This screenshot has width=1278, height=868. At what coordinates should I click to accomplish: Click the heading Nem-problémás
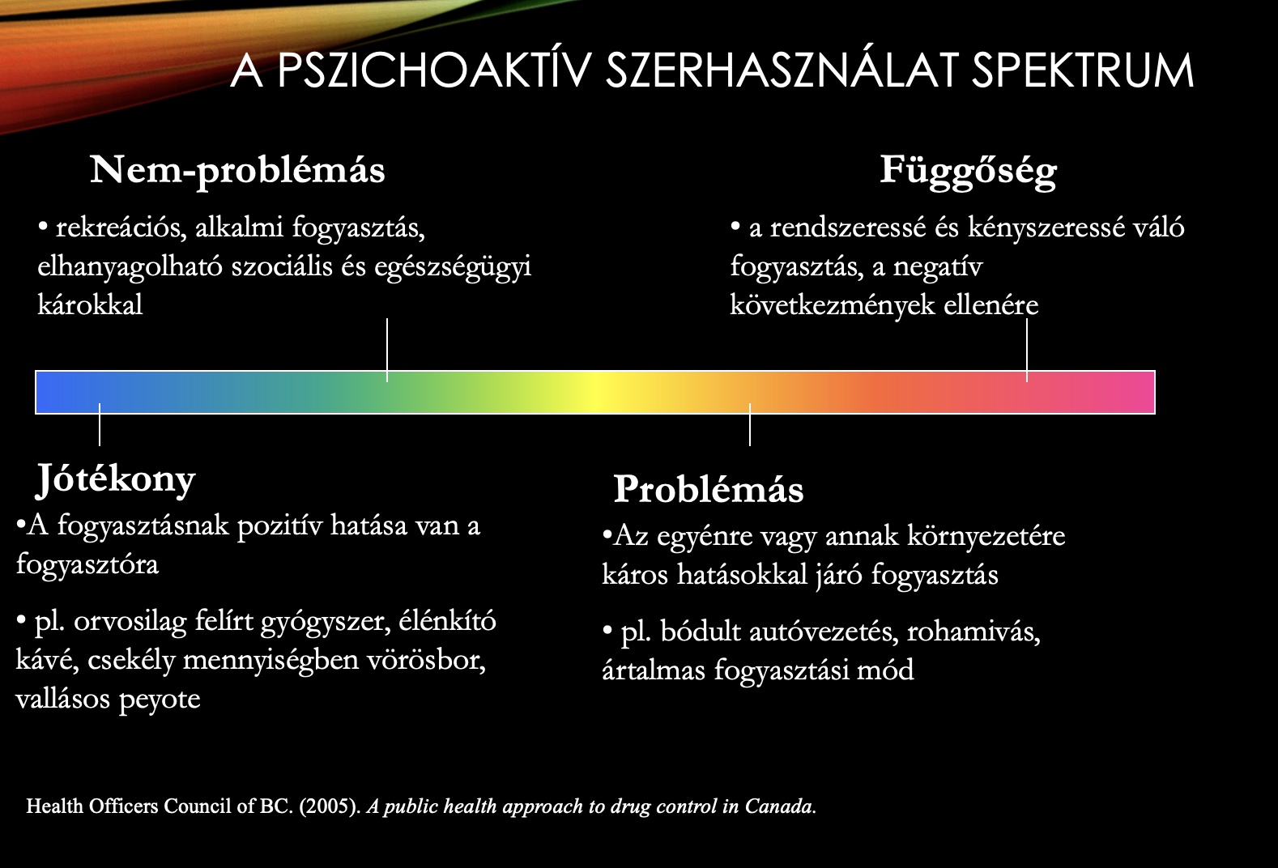tap(237, 171)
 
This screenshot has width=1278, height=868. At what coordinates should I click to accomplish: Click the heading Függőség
tap(968, 171)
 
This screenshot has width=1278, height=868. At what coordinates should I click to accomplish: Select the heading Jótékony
tap(116, 480)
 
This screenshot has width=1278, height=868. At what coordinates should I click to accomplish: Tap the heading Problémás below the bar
tap(709, 489)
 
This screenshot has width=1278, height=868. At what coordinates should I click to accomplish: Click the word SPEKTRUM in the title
tap(1083, 70)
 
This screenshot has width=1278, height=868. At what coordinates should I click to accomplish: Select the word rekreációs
tap(121, 228)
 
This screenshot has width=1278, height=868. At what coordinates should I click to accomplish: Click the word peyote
tap(160, 700)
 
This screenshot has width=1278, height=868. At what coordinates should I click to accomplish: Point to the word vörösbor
tap(426, 661)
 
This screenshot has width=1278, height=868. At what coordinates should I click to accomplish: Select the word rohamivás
tap(974, 632)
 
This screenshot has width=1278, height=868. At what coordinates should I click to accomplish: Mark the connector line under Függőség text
tap(1027, 350)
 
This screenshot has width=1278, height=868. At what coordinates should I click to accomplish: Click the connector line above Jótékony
tap(100, 424)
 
